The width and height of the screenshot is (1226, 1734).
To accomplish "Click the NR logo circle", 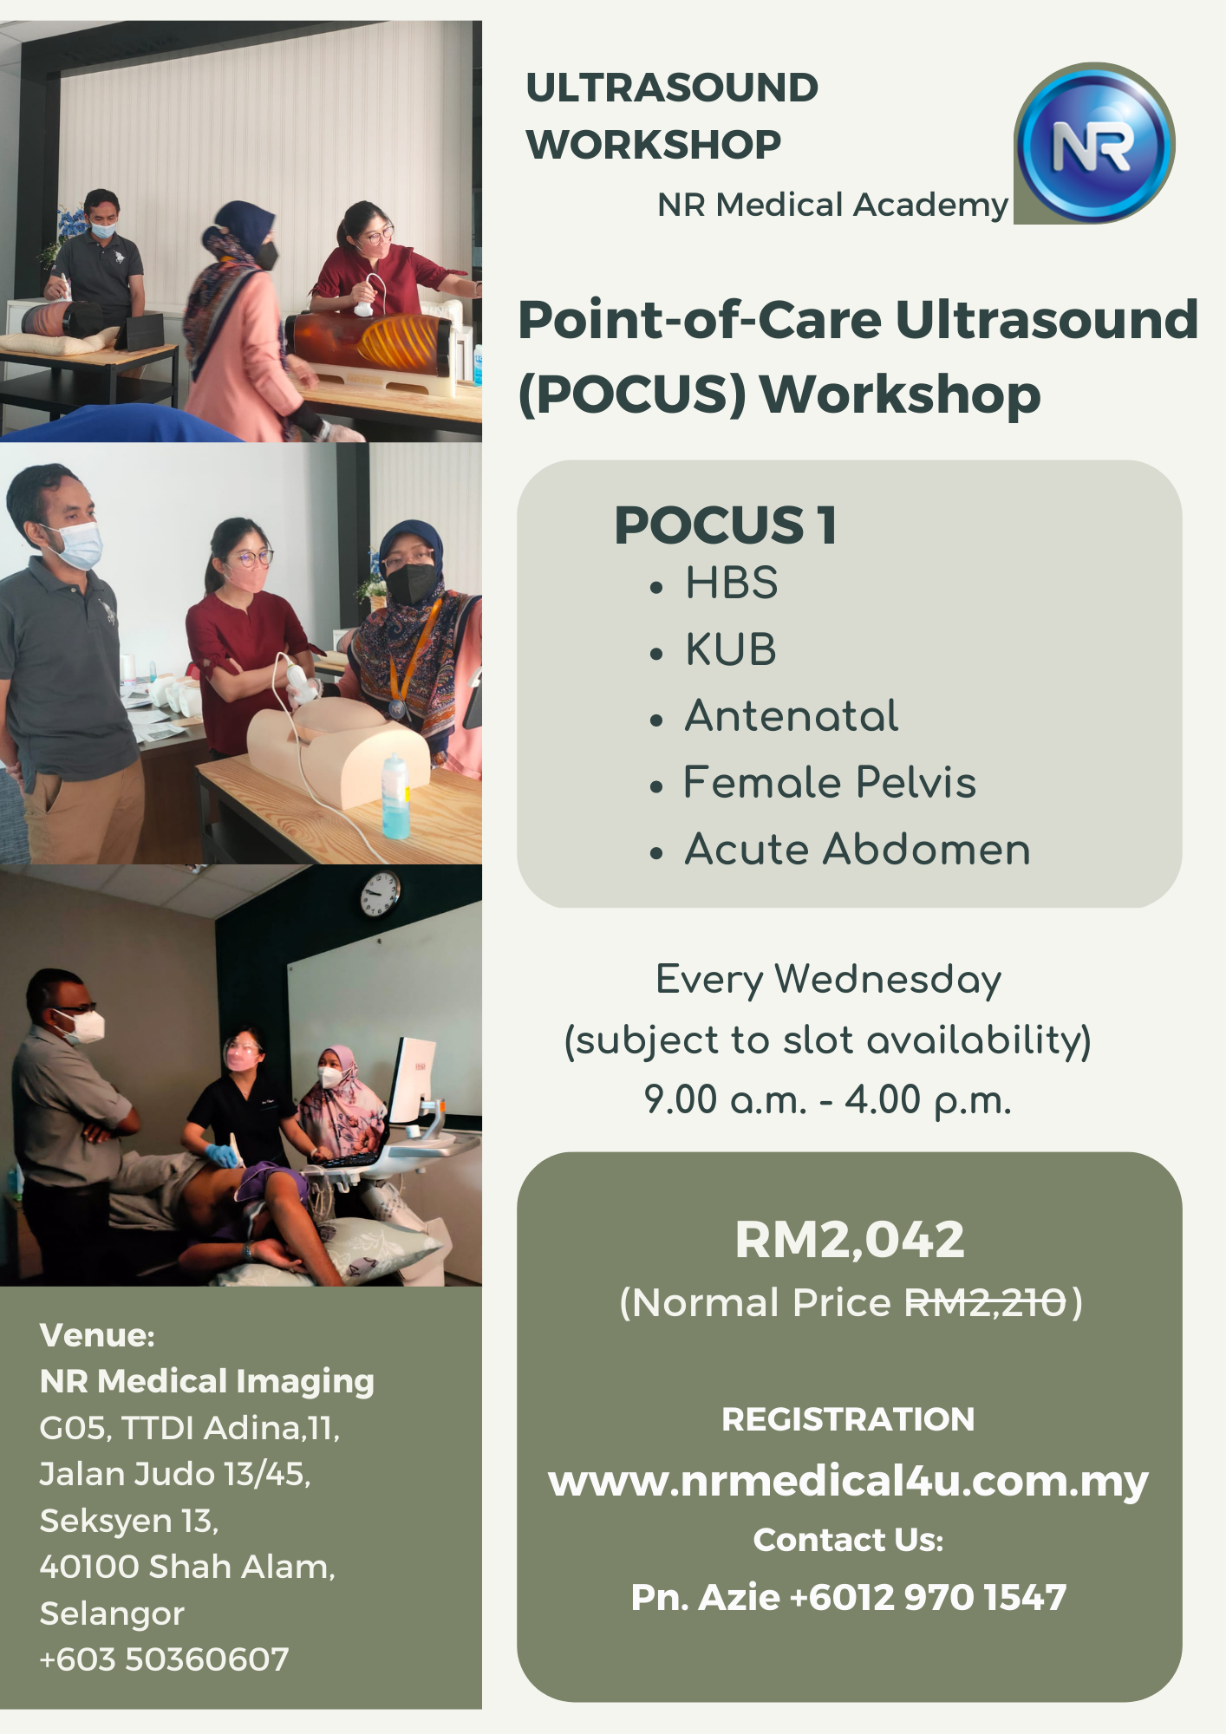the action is coord(1095,143).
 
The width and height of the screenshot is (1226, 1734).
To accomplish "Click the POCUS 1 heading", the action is coord(726,525).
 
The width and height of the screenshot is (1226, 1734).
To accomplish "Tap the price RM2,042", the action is coord(850,1239).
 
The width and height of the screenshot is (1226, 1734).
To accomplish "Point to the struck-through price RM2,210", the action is coord(985,1302).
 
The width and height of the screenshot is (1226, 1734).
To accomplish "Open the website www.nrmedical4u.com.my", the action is coord(849,1481).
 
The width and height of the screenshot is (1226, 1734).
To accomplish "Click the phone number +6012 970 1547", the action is coord(928,1597).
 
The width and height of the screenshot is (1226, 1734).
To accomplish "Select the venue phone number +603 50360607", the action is coord(164,1659).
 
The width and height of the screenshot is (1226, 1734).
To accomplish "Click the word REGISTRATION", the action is coord(848,1419).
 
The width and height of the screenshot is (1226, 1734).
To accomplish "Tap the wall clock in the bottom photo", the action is coord(380,894).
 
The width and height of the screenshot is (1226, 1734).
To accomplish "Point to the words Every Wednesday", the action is coord(828,981).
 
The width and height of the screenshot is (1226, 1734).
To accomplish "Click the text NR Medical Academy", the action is coord(832,205).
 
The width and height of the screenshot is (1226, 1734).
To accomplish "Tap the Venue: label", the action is coord(97,1335).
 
